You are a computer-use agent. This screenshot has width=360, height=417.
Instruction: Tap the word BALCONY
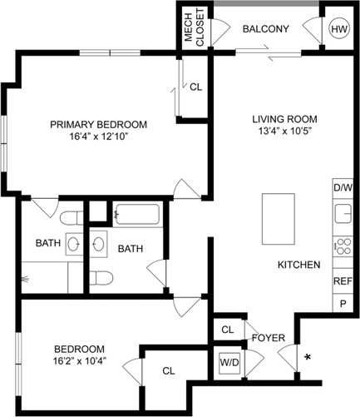[265, 29]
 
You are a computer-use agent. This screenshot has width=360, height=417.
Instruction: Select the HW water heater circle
[339, 29]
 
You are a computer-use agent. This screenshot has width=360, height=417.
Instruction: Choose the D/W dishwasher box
[343, 188]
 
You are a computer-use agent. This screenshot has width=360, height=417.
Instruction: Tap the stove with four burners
[342, 246]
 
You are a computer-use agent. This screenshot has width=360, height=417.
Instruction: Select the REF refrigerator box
[343, 282]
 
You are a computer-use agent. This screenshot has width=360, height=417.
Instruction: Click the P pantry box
[343, 305]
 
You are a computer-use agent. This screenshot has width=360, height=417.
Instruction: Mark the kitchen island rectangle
[278, 217]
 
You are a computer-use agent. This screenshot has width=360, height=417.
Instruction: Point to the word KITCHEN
[298, 265]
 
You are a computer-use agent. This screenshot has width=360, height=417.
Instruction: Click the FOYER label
[269, 338]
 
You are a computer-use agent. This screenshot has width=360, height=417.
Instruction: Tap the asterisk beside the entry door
[308, 357]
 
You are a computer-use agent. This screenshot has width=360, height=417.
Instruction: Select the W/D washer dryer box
[229, 363]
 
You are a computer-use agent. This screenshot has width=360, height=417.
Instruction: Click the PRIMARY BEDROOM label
[98, 125]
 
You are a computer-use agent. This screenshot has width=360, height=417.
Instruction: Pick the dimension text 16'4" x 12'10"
[98, 137]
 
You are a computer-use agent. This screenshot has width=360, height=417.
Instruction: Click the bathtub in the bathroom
[137, 215]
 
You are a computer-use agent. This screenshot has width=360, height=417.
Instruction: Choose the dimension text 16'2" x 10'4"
[79, 361]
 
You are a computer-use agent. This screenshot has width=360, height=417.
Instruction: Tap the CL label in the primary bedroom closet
[195, 87]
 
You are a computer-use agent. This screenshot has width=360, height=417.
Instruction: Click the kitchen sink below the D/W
[342, 215]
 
